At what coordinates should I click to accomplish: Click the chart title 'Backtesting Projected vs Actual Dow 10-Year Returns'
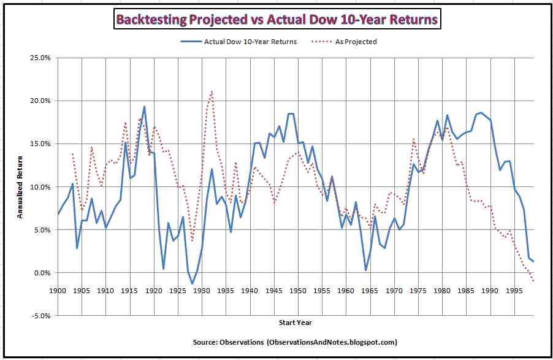point(276,20)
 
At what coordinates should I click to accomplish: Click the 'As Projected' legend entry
point(356,42)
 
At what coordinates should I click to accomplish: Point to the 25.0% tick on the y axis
point(40,58)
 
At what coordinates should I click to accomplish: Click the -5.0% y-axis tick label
point(41,316)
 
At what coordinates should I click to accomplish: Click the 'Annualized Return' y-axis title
point(20,187)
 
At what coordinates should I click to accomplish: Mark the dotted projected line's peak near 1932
point(212,91)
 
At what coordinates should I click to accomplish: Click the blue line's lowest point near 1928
point(193,284)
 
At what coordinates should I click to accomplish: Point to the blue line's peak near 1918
point(144,107)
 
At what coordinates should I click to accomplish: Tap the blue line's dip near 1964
point(365,270)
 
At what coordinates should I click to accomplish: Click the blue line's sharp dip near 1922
point(164,269)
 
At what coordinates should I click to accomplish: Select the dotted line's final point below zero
point(533,281)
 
